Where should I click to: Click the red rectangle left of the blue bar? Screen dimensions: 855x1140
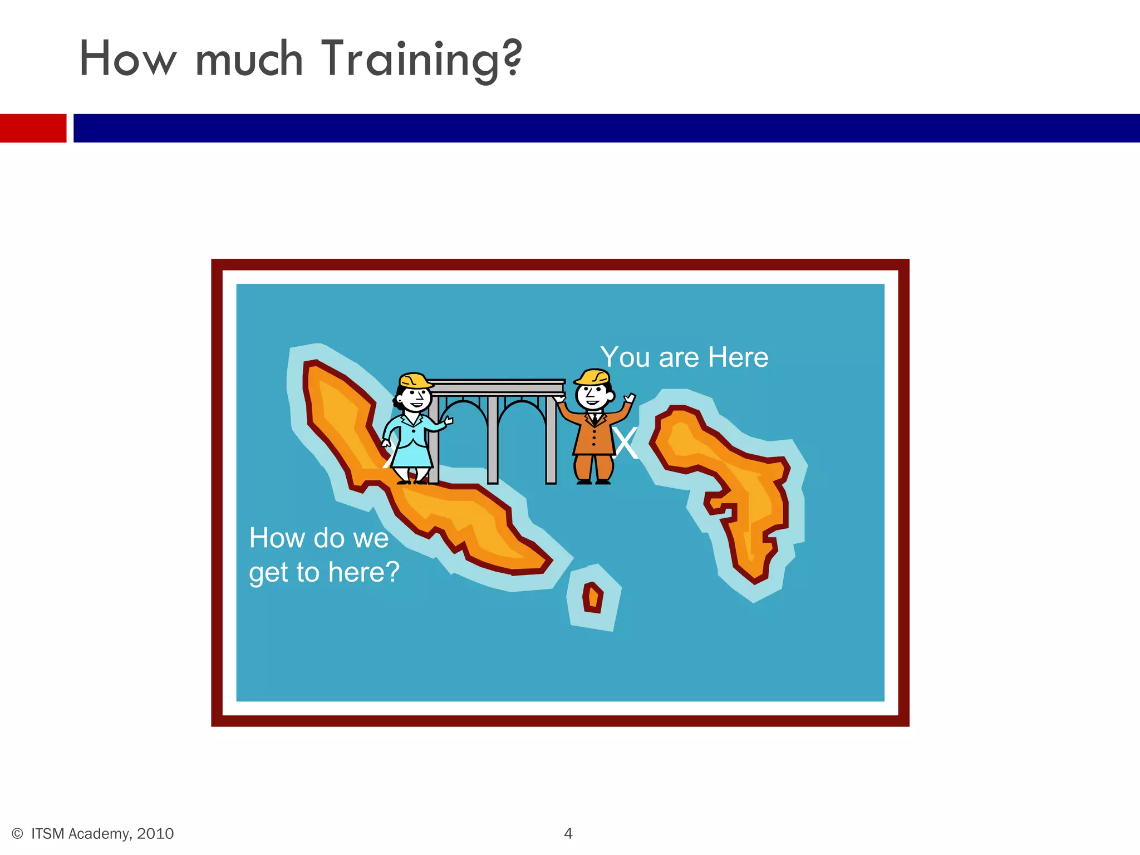33,128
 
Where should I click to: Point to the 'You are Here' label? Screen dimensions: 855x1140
684,357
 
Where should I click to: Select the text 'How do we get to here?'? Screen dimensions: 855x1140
324,555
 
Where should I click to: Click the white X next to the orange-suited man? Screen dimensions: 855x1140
626,444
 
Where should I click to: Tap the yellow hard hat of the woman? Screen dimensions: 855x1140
415,381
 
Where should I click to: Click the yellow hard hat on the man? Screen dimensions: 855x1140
592,377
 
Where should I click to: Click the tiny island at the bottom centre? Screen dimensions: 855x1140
593,597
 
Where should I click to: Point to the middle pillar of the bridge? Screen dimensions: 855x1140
493,440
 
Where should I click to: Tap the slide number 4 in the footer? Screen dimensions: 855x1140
568,833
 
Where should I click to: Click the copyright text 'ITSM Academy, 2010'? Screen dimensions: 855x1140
102,833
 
